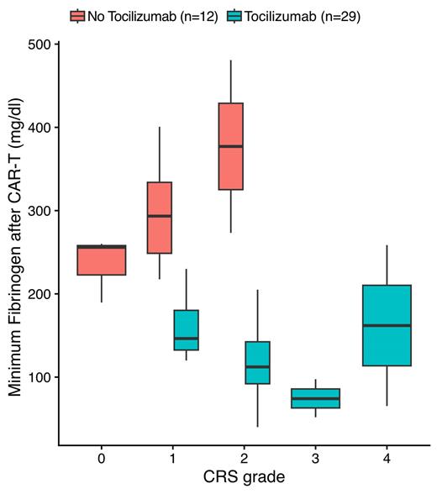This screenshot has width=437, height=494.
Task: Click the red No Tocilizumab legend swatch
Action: pos(78,16)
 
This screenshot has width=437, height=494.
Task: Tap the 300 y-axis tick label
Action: pos(39,211)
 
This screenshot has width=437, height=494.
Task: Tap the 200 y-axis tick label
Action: pos(39,294)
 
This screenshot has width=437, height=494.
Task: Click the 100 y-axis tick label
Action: pos(39,377)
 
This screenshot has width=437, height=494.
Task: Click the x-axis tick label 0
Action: pos(100,459)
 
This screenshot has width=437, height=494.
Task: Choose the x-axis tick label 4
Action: pos(387,459)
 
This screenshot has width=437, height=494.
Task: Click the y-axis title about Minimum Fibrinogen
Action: pos(14,244)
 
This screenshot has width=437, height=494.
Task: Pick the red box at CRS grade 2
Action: pos(230,315)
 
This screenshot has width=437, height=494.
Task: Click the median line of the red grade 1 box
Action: pos(159,216)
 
